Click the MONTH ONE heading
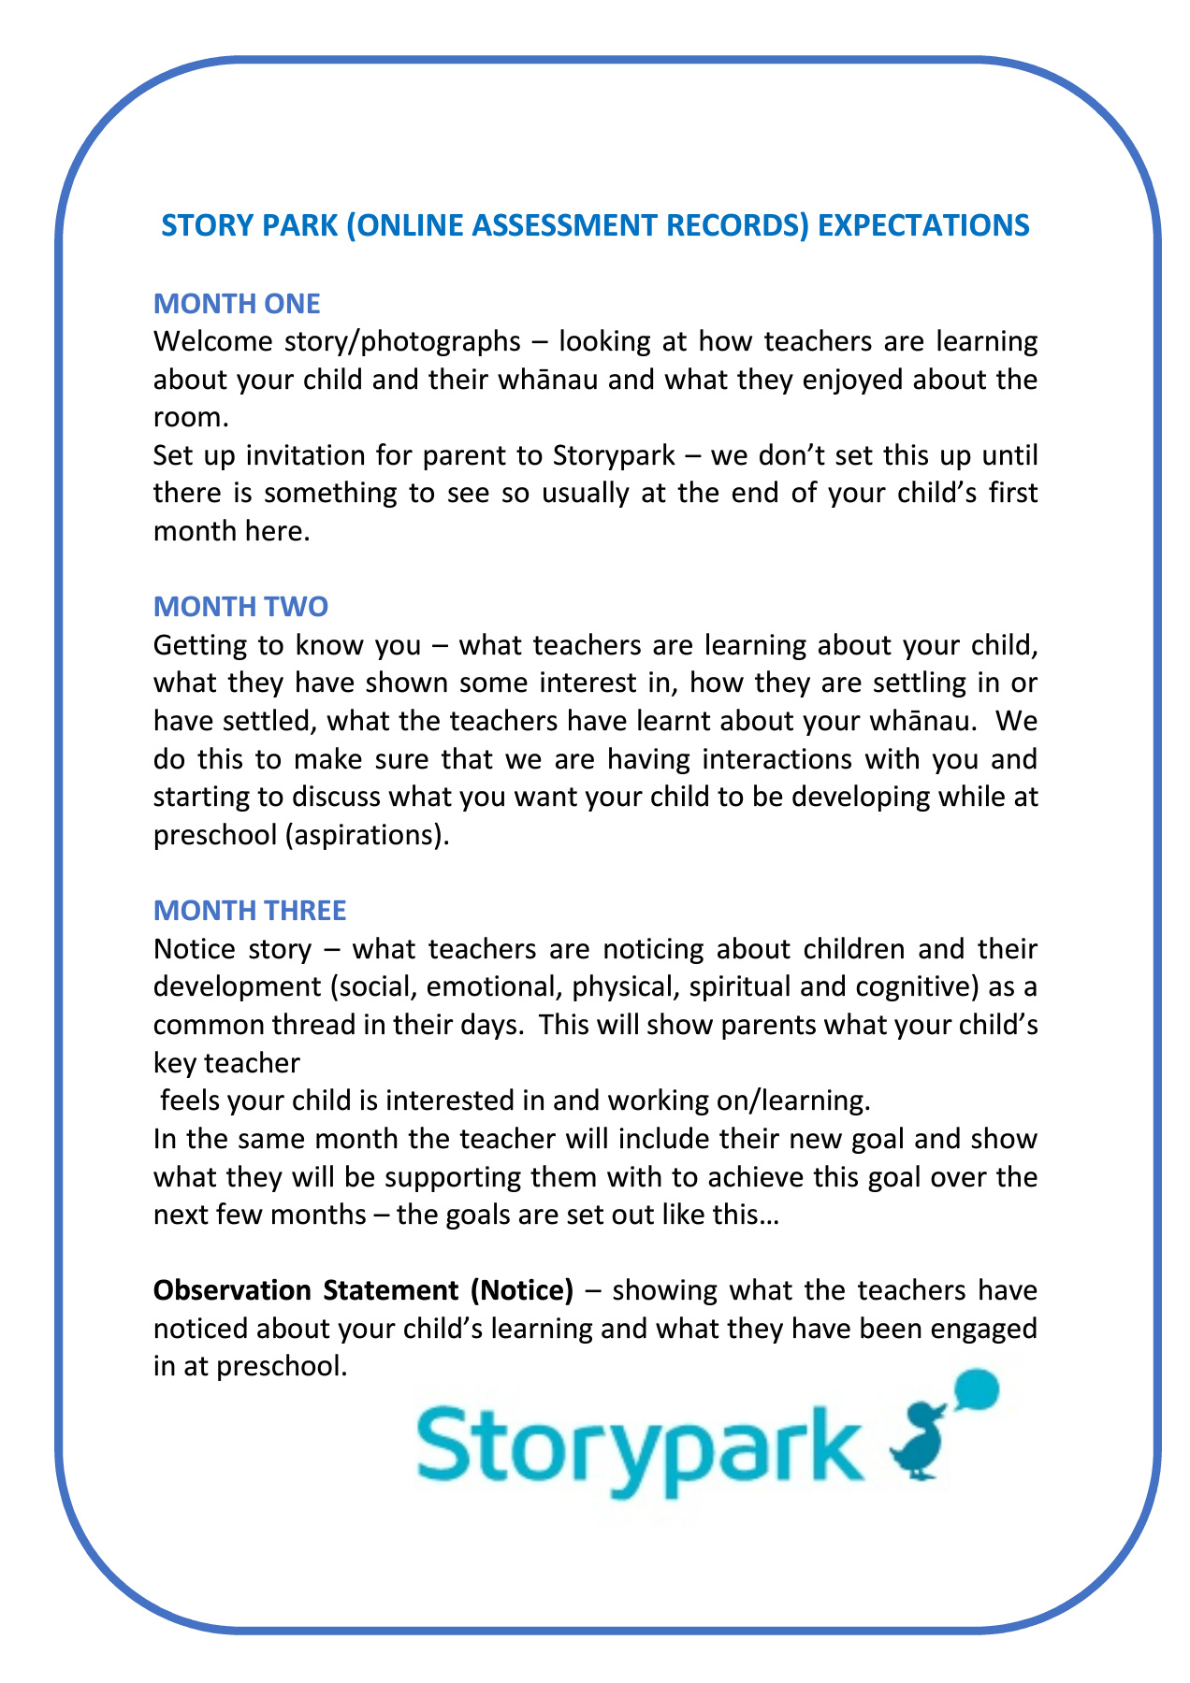[x=237, y=303]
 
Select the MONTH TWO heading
[x=240, y=607]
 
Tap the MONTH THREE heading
[x=250, y=910]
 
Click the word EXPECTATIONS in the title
[x=923, y=225]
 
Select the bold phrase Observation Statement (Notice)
[x=363, y=1290]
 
